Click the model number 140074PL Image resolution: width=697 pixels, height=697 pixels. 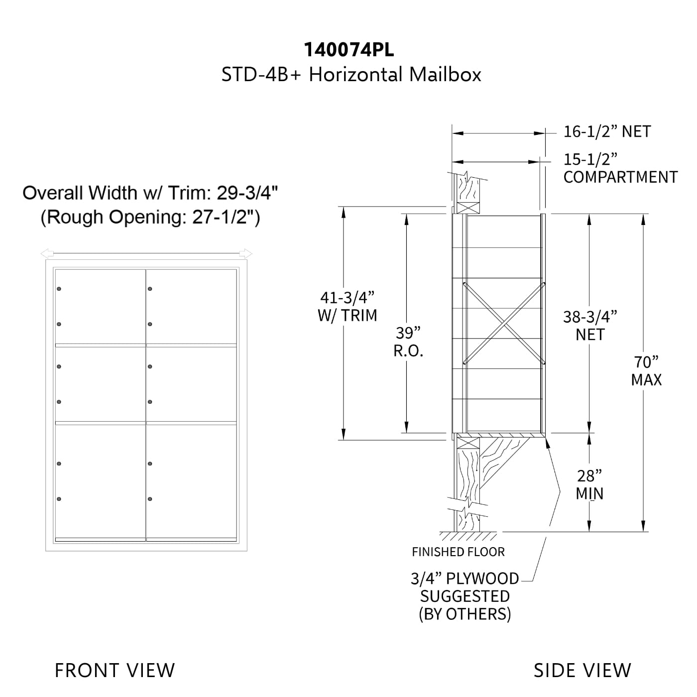pyautogui.click(x=348, y=50)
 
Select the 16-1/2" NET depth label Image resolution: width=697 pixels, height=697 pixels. pyautogui.click(x=607, y=131)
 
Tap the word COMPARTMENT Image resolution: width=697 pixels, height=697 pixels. pyautogui.click(x=620, y=177)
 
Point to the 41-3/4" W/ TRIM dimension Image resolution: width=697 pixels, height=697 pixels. pyautogui.click(x=347, y=306)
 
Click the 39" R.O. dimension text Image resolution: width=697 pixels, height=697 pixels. pyautogui.click(x=408, y=342)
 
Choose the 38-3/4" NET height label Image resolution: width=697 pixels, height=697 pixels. pyautogui.click(x=590, y=326)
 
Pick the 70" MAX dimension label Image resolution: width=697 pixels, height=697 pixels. pyautogui.click(x=646, y=371)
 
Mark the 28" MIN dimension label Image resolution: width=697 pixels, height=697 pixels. pyautogui.click(x=589, y=485)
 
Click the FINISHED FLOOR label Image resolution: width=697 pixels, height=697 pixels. pyautogui.click(x=458, y=552)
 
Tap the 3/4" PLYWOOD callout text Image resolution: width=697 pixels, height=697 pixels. pyautogui.click(x=465, y=579)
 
